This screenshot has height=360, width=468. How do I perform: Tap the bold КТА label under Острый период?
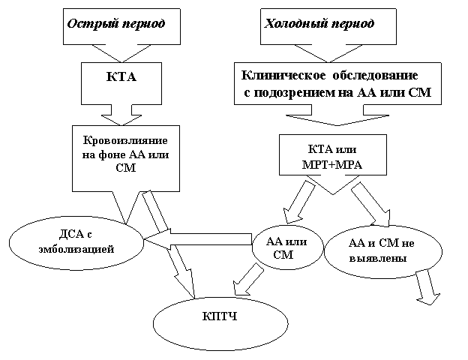121,77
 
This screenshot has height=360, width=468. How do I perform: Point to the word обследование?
375,76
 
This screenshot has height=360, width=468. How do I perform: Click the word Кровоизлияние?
125,140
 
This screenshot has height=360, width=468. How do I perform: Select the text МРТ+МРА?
332,165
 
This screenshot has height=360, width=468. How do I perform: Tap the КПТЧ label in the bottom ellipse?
220,316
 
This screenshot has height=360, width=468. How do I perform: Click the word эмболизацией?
76,249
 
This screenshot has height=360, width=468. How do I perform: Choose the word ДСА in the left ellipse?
69,234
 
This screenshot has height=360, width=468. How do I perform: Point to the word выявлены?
378,258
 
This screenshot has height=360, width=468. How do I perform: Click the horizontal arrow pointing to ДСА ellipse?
199,239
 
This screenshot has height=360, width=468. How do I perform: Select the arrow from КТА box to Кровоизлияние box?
121,115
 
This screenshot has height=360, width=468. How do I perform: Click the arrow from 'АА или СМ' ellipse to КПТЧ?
247,280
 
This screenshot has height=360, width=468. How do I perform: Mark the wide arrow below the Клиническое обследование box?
337,115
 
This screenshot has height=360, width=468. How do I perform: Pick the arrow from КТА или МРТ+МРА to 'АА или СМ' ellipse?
298,202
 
